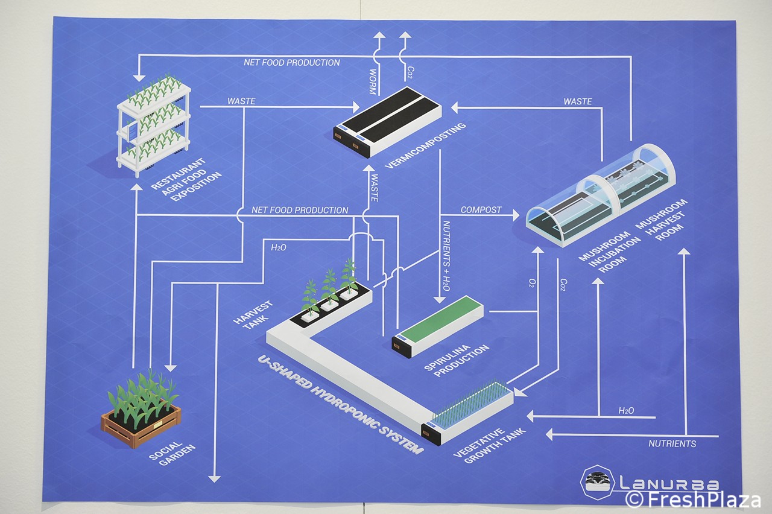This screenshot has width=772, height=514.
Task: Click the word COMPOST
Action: click(x=481, y=210)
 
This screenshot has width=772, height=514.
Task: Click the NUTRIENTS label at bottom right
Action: click(x=672, y=444)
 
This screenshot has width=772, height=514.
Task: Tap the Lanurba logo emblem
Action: click(x=597, y=483)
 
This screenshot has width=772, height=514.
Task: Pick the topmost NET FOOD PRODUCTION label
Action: click(x=292, y=62)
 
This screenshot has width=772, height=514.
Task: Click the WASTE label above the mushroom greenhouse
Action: click(x=577, y=101)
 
